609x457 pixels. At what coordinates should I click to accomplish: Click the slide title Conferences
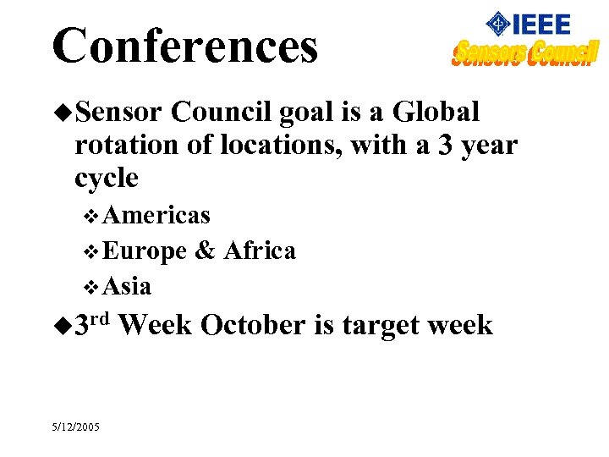pos(184,46)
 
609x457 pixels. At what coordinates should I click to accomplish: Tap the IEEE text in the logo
pos(540,25)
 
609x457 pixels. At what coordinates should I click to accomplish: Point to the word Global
pos(436,112)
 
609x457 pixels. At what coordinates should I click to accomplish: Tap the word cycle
pos(106,179)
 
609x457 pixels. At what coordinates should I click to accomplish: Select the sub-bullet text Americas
pos(156,216)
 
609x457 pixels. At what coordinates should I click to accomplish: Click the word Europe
pos(145,251)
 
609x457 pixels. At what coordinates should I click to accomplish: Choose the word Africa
pos(259,251)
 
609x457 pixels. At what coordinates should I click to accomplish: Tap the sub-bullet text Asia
pos(128,286)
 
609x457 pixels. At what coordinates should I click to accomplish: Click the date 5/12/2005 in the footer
pos(75,427)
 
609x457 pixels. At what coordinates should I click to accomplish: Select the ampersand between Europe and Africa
pos(205,251)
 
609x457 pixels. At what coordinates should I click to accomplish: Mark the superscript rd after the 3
pos(102,317)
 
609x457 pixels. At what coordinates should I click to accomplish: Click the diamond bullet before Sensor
pos(63,113)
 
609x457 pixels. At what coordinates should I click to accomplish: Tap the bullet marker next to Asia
pos(93,287)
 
